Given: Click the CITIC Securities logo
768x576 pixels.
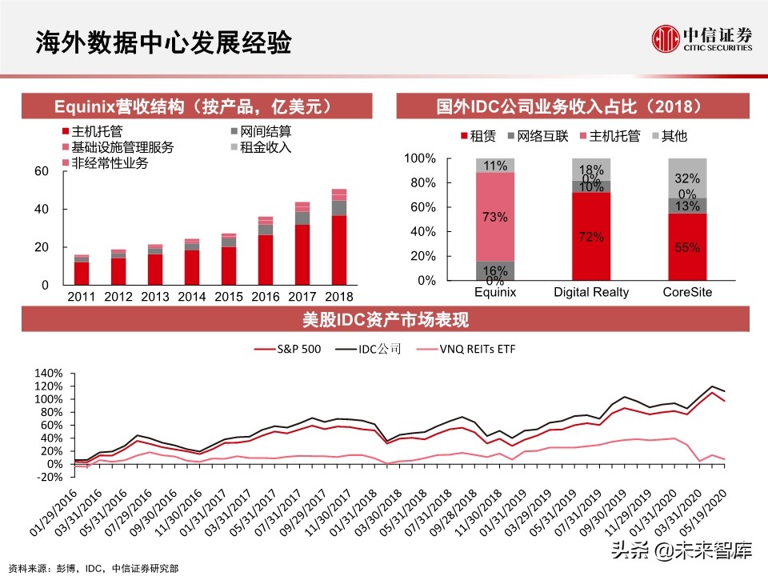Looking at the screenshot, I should click(702, 38).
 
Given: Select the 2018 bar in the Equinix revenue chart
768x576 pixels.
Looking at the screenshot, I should click(339, 237).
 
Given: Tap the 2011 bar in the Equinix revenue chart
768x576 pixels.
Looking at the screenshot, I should click(81, 270).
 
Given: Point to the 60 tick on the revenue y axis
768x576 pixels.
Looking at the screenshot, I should click(41, 171).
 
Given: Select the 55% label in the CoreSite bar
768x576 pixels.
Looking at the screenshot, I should click(687, 247).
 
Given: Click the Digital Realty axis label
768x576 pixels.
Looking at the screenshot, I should click(591, 293).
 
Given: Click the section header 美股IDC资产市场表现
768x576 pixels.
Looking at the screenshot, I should click(384, 321).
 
